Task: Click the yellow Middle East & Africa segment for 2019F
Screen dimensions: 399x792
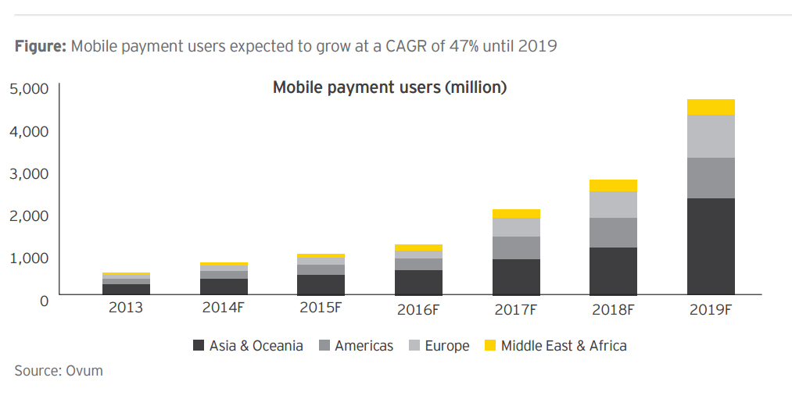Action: [x=711, y=107]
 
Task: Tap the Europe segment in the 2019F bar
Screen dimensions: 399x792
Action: [x=711, y=137]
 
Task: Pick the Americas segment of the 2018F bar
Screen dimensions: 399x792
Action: [x=613, y=233]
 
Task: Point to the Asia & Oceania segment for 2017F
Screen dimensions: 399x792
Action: [x=516, y=276]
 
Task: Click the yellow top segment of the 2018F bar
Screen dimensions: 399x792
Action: [x=613, y=185]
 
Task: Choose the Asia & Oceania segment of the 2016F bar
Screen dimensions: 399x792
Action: [x=418, y=282]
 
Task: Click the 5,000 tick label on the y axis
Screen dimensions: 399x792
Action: [x=29, y=89]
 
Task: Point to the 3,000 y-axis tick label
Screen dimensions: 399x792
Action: [x=29, y=173]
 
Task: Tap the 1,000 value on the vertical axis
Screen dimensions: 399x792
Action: [x=29, y=258]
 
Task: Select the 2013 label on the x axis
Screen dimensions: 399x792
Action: [x=126, y=308]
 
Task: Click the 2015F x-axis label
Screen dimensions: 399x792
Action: [x=321, y=308]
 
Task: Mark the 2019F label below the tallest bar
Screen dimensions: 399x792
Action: [x=711, y=309]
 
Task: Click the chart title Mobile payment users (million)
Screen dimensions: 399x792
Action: [x=389, y=87]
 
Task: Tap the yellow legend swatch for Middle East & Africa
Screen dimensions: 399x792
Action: [x=490, y=345]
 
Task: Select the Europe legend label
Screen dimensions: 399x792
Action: [x=447, y=345]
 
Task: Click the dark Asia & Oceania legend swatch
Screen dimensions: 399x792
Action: [x=199, y=345]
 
